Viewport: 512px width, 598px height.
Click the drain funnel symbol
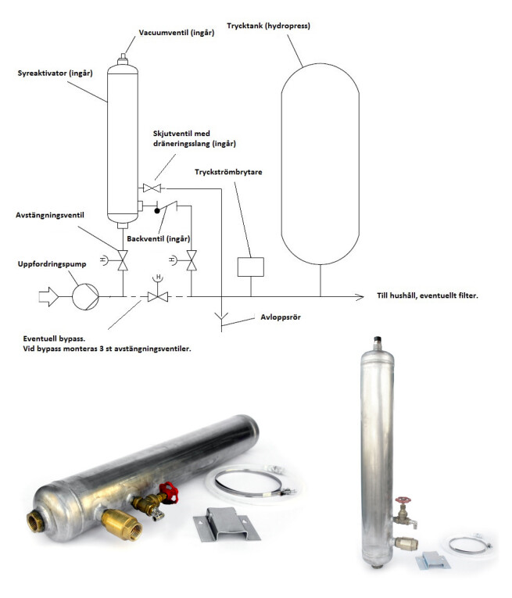(x=223, y=317)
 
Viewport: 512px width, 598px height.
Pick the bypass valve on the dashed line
(x=159, y=295)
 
